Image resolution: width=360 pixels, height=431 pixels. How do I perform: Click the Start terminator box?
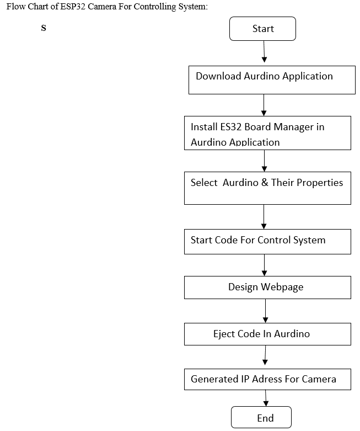pos(262,29)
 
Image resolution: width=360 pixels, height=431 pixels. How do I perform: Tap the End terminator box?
pos(261,417)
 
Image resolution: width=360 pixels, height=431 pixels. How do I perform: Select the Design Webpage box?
pos(267,288)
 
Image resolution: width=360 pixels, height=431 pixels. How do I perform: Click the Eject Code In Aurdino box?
pos(267,334)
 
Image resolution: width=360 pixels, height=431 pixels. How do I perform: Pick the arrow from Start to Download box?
pos(264,52)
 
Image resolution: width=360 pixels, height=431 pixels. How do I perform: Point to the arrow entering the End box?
pos(266,398)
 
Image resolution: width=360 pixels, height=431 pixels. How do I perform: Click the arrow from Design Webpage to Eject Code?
pos(265,311)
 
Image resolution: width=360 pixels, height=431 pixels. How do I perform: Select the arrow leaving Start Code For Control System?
pos(264,265)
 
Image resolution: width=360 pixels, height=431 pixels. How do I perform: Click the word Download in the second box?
pos(218,76)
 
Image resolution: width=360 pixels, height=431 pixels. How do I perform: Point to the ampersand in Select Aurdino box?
pos(265,183)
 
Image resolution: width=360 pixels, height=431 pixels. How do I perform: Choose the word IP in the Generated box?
pos(245,379)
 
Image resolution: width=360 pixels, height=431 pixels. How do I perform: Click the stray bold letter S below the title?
pos(44,28)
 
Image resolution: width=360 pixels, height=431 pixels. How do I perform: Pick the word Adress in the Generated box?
pos(267,379)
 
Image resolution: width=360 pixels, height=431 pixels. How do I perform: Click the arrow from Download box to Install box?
pos(264,105)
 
